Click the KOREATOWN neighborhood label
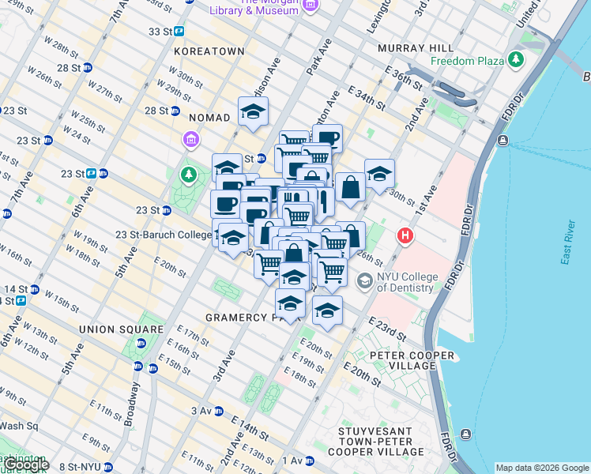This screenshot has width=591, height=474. (x=209, y=51)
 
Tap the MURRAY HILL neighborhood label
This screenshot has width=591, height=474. (x=415, y=48)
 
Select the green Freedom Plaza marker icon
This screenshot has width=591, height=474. (x=516, y=59)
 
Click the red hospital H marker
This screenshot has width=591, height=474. (x=406, y=235)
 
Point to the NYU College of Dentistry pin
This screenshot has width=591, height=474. (x=364, y=280)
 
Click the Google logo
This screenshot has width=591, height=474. (x=25, y=465)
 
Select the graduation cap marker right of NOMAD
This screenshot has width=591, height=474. (x=253, y=111)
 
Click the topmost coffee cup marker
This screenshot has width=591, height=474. (x=328, y=138)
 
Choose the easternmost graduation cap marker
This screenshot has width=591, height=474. (x=379, y=173)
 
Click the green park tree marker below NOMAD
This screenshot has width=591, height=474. (x=189, y=173)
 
